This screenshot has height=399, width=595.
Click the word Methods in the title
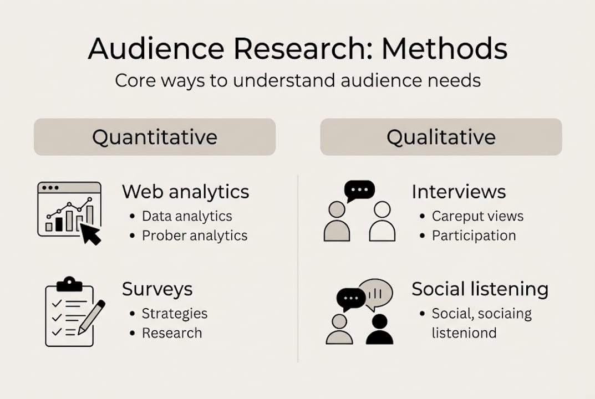pyautogui.click(x=444, y=49)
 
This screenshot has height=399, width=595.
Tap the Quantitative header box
pyautogui.click(x=155, y=137)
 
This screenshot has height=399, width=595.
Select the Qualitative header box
pyautogui.click(x=441, y=137)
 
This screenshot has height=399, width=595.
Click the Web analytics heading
pyautogui.click(x=186, y=192)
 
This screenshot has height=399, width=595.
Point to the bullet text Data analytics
pyautogui.click(x=187, y=216)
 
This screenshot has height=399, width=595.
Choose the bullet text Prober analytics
pyautogui.click(x=195, y=236)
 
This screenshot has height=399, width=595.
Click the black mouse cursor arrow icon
pyautogui.click(x=91, y=234)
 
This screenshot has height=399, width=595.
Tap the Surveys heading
pyautogui.click(x=157, y=289)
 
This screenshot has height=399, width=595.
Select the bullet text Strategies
pyautogui.click(x=175, y=314)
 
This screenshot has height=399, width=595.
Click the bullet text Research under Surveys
pyautogui.click(x=172, y=333)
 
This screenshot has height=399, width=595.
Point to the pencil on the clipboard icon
pyautogui.click(x=91, y=317)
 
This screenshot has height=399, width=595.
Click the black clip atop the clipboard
pyautogui.click(x=69, y=284)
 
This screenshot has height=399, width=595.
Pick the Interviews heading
pyautogui.click(x=459, y=192)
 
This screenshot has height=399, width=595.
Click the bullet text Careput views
pyautogui.click(x=478, y=216)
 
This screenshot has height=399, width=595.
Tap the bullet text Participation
pyautogui.click(x=474, y=236)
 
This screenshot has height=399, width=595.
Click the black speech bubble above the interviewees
pyautogui.click(x=359, y=191)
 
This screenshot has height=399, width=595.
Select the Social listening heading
pyautogui.click(x=480, y=289)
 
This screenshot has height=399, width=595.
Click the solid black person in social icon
pyautogui.click(x=379, y=330)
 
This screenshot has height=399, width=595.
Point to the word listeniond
pyautogui.click(x=464, y=333)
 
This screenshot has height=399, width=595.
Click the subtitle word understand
pyautogui.click(x=284, y=80)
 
